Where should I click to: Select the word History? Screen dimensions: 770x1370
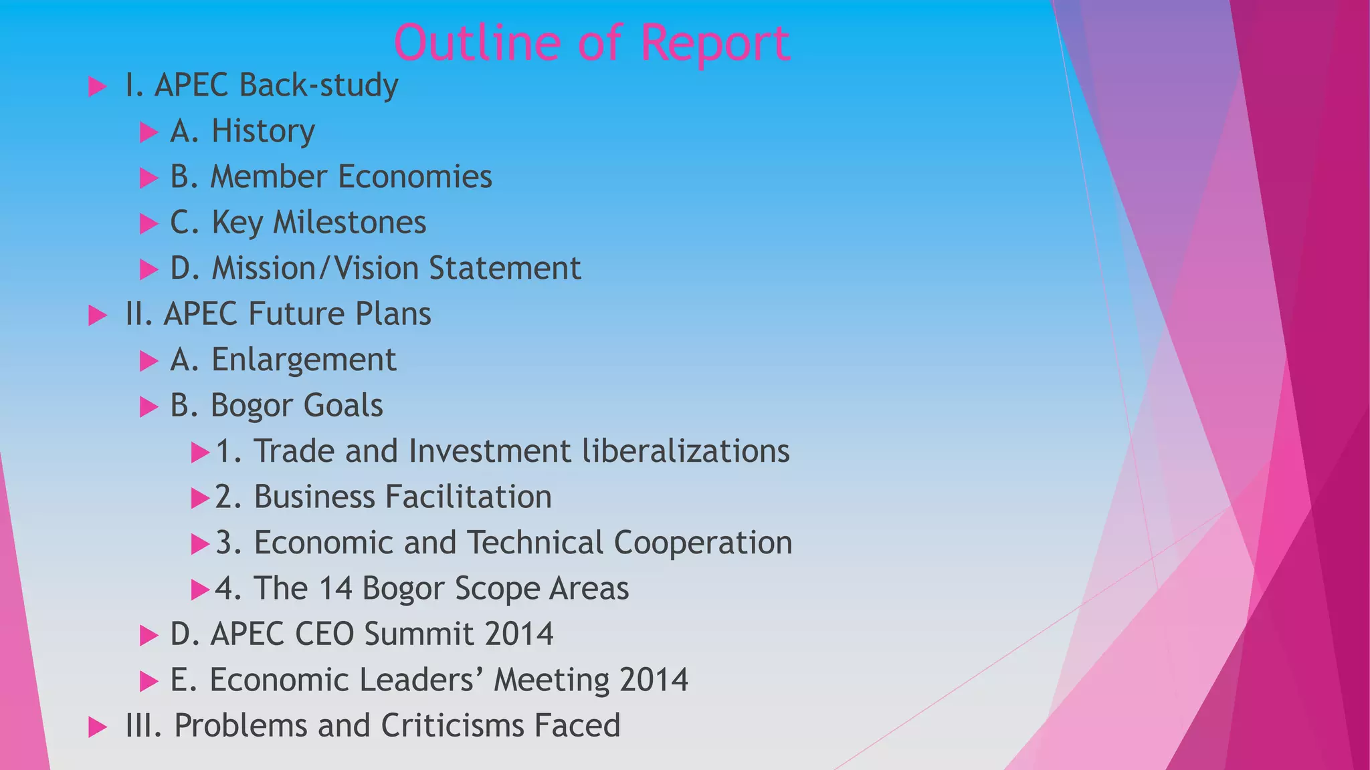(263, 131)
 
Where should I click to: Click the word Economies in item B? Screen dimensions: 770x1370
(415, 176)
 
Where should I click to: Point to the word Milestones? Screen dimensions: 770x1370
(349, 222)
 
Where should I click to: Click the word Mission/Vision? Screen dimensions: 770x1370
(314, 268)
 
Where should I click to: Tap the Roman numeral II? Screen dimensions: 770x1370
(138, 313)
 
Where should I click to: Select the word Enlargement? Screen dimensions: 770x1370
(304, 360)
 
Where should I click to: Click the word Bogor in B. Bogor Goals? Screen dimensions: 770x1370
(252, 406)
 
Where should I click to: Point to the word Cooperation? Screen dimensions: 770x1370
(702, 543)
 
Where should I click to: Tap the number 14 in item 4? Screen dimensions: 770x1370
(335, 588)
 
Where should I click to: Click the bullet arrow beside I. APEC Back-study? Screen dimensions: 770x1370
(98, 86)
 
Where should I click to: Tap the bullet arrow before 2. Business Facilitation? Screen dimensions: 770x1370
(200, 498)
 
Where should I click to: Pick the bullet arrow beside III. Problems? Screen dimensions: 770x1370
(98, 727)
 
